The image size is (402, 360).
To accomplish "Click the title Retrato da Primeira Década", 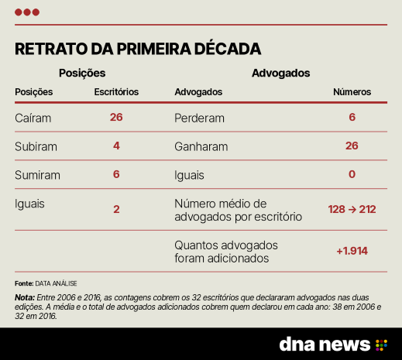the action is (x=138, y=49).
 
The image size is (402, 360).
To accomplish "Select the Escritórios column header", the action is (x=116, y=92).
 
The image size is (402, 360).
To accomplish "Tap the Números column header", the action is (x=352, y=92).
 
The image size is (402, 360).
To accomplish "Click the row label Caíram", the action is (x=33, y=118).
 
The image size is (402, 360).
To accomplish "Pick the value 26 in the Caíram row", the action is (x=116, y=117).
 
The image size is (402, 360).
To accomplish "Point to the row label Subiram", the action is (x=36, y=146).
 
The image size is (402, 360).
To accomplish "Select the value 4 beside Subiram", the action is (x=116, y=146).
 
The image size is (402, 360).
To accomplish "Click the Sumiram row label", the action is (x=37, y=175).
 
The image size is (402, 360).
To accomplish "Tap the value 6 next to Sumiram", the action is (x=116, y=174).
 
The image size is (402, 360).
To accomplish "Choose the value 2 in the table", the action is (x=116, y=209).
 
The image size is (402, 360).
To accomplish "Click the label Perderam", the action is (x=199, y=118).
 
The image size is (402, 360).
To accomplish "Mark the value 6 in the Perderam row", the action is (x=352, y=117).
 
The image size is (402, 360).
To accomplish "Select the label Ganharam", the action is (x=201, y=146).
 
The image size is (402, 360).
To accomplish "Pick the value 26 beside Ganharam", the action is (x=352, y=146).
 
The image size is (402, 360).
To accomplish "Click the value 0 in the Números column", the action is (x=352, y=174).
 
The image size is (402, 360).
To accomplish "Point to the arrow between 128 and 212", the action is (x=352, y=209).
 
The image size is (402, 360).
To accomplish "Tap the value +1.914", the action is (x=352, y=251).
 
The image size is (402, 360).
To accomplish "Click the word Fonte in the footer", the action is (x=24, y=283).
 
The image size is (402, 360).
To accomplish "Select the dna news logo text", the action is (x=325, y=344).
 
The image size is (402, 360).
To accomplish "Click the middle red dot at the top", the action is (x=27, y=12).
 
